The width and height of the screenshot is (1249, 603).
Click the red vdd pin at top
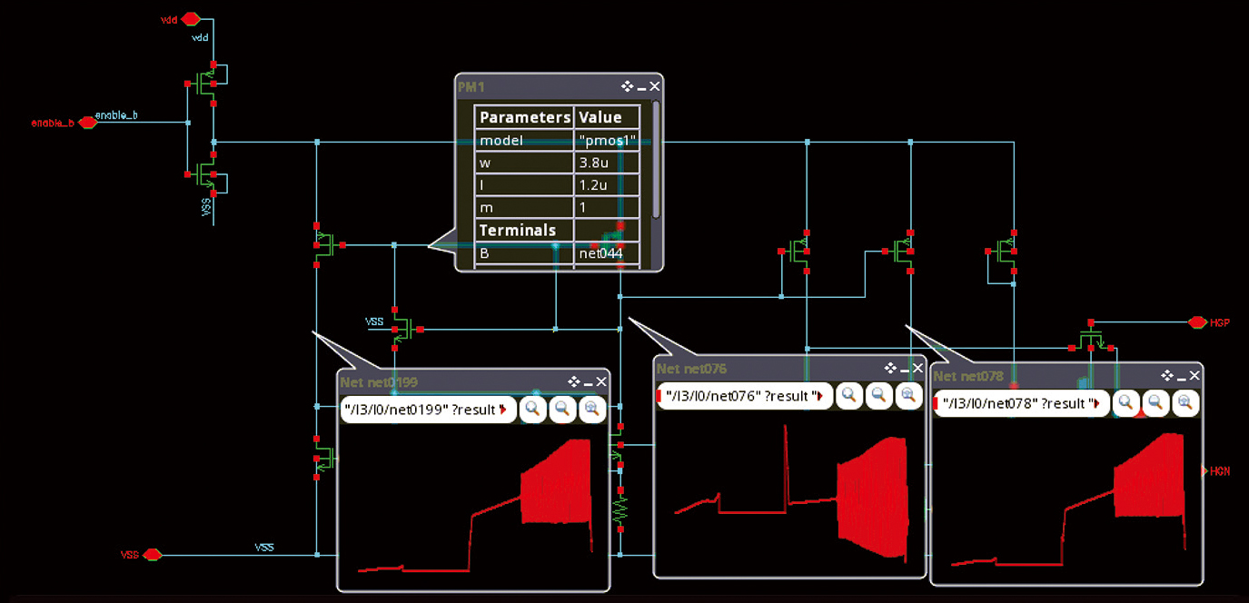click(x=190, y=18)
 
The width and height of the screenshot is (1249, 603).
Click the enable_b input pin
click(x=87, y=123)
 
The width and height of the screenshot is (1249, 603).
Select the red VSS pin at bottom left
click(x=152, y=554)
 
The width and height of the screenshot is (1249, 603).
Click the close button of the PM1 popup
click(x=655, y=86)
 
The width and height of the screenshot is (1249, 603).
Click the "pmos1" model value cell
click(x=607, y=141)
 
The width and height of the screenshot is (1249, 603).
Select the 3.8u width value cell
click(x=607, y=163)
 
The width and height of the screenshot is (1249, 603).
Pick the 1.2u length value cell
click(x=607, y=185)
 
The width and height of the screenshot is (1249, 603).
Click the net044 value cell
click(x=607, y=253)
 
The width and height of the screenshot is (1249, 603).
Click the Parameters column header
click(x=525, y=117)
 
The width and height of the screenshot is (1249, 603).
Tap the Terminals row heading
click(x=518, y=231)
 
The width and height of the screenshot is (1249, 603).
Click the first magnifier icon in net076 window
click(x=849, y=395)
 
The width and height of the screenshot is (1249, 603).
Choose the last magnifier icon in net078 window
click(x=1185, y=402)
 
